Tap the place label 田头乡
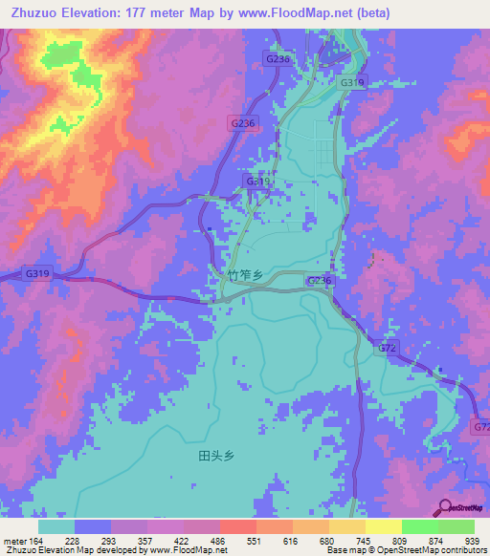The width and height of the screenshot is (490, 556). (x=216, y=457)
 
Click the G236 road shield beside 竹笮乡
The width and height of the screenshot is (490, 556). (x=320, y=280)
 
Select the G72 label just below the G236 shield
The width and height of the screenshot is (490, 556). (x=387, y=348)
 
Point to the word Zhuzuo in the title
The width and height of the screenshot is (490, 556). (x=34, y=11)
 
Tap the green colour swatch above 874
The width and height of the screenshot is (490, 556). (x=420, y=526)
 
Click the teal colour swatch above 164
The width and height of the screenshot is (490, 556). (x=56, y=526)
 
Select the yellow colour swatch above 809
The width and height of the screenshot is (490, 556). (x=384, y=526)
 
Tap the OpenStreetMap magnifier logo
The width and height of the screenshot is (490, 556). (x=443, y=508)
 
